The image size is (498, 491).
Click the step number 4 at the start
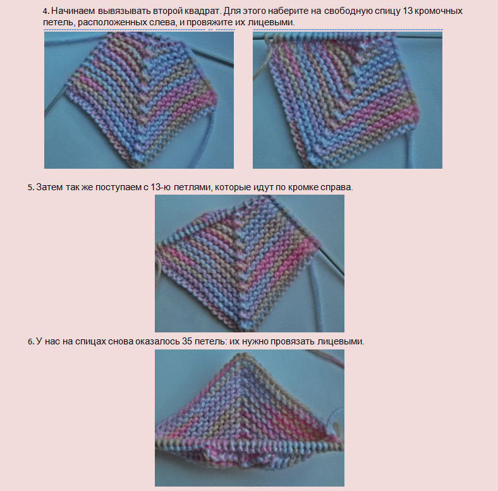pos(46,11)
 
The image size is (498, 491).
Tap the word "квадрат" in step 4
pos(203,11)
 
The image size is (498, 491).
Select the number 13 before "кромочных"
pos(408,11)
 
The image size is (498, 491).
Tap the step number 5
pos(30,188)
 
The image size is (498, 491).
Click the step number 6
pos(31,342)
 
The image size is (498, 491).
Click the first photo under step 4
pos(139,100)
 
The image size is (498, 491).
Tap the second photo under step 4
pos(348,100)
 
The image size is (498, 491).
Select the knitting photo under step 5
pos(250,264)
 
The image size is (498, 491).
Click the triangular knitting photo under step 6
pos(250,418)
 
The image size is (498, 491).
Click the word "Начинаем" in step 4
pos(73,11)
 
